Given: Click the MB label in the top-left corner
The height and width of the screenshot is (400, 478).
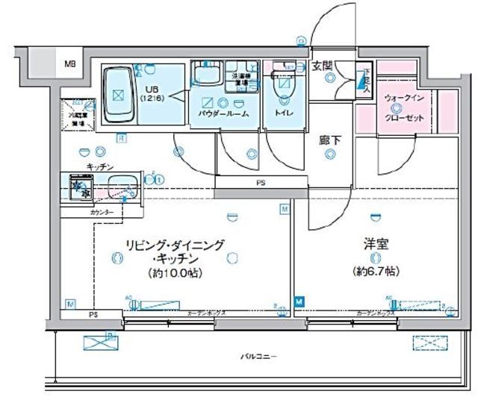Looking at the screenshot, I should pos(69,65).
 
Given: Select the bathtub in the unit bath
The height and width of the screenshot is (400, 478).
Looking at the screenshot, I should pos(118,95).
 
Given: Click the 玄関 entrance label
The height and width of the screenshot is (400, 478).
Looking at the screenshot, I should pos(322,66).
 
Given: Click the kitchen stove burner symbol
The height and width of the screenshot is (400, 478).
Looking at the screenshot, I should pos(78,187).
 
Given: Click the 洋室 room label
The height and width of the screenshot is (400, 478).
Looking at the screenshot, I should pos(375,244).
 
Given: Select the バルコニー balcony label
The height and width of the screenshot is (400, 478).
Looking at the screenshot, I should pos(258,357).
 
